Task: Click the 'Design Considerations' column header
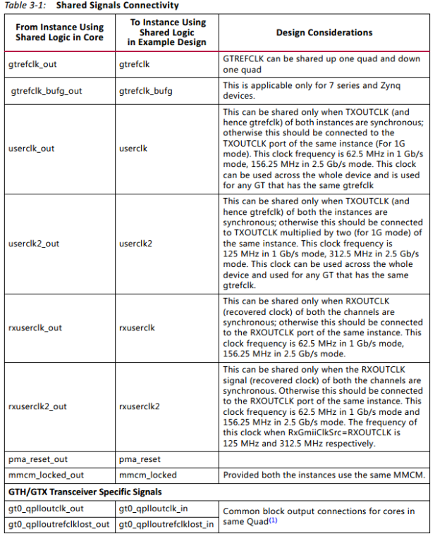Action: (324, 32)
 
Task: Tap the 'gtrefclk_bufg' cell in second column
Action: (146, 91)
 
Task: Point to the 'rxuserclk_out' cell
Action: (35, 328)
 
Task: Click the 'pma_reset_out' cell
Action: (37, 459)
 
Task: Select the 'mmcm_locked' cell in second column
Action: (148, 475)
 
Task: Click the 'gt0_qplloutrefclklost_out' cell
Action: (59, 524)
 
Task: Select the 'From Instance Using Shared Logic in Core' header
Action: (59, 32)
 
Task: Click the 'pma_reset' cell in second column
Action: (140, 459)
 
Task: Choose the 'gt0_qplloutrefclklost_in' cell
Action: (166, 524)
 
